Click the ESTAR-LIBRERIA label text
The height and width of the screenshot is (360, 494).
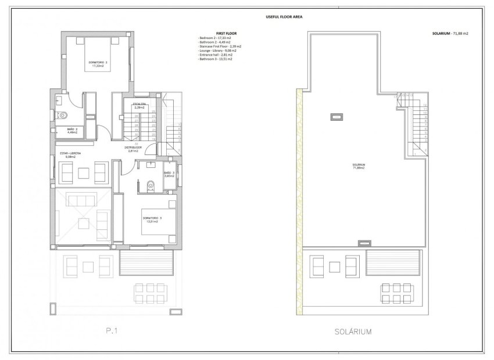[x=70, y=154]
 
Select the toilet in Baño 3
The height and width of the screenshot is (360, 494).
[x=151, y=185]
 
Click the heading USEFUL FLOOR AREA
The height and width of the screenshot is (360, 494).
[x=248, y=17]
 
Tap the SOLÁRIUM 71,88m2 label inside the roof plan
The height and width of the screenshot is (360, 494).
[x=359, y=166]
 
